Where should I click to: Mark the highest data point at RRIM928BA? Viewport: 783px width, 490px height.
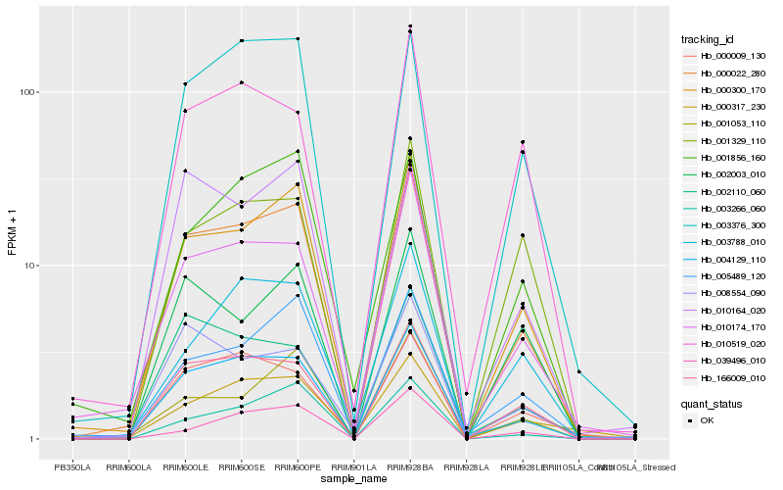coord(410,26)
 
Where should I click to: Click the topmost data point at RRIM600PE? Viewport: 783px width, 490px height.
coord(298,38)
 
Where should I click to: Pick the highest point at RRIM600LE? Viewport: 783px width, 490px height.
coord(185,84)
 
